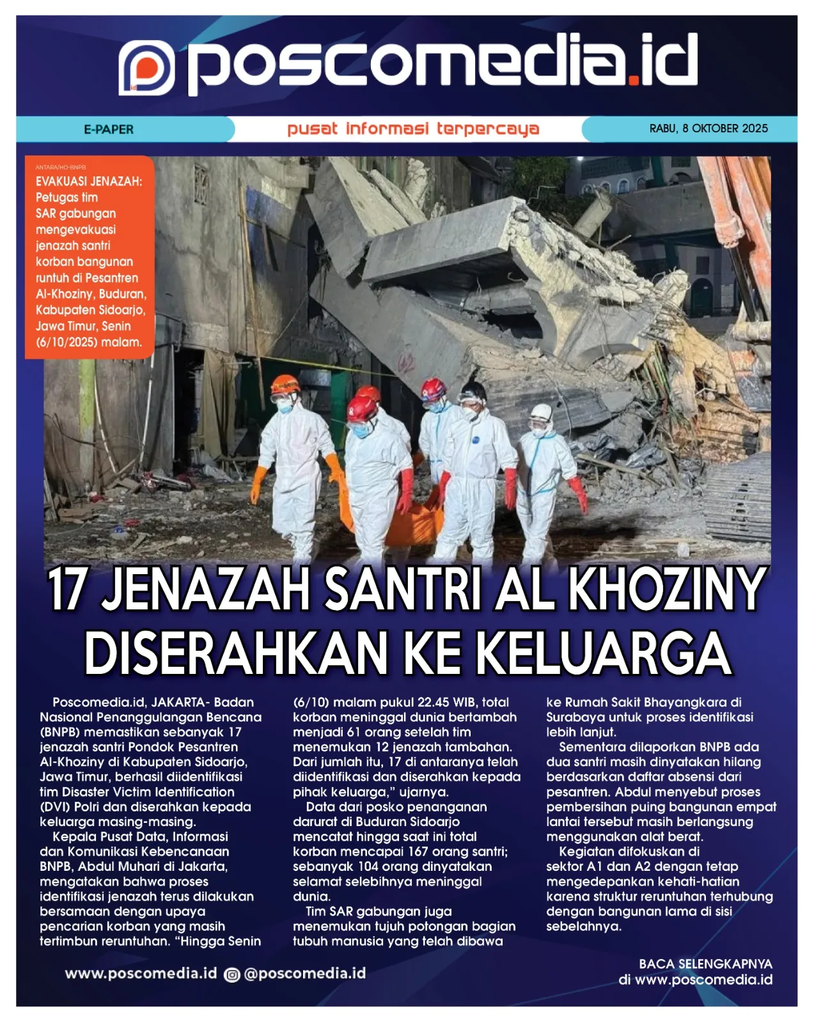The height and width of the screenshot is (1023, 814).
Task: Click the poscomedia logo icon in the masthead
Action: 146,68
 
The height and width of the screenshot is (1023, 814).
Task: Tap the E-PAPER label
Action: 109,129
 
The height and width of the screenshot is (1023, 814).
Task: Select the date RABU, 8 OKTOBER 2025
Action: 708,129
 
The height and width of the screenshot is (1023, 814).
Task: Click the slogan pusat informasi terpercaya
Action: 413,129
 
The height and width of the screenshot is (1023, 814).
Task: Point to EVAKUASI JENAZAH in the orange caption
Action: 89,182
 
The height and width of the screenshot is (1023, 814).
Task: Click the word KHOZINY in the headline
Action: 666,590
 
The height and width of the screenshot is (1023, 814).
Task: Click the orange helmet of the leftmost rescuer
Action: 285,385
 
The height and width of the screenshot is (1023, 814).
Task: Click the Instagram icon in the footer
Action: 232,974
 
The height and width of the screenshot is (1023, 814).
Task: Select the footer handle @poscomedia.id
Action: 305,974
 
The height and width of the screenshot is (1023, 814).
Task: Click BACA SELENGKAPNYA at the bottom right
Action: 705,964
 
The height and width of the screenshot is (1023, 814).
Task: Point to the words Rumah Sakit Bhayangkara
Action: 646,702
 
